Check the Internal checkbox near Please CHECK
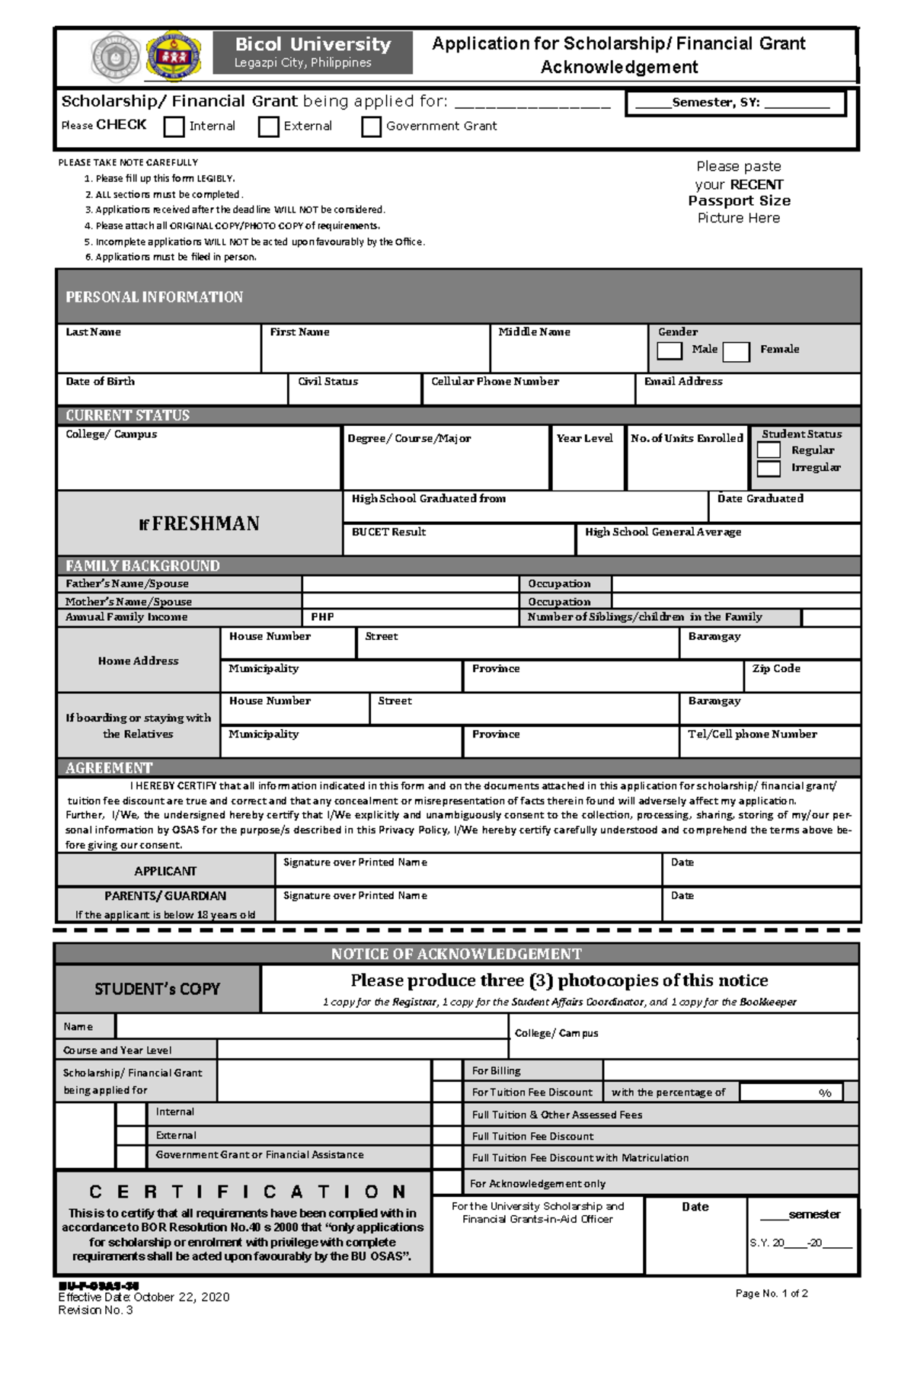[174, 126]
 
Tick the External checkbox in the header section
[268, 126]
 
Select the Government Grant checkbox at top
[371, 126]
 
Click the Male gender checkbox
[670, 350]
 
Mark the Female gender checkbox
[736, 351]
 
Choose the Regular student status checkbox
[769, 450]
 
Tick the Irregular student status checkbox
[769, 468]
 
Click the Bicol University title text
[312, 44]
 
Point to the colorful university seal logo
[174, 55]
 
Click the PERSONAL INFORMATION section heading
[154, 297]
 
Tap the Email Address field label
[683, 382]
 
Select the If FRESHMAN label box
[199, 523]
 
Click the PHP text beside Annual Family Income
[322, 617]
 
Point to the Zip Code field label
[776, 668]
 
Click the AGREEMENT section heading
[109, 768]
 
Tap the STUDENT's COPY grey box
[157, 989]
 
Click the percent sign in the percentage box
[825, 1092]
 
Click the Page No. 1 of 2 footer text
[772, 1294]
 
